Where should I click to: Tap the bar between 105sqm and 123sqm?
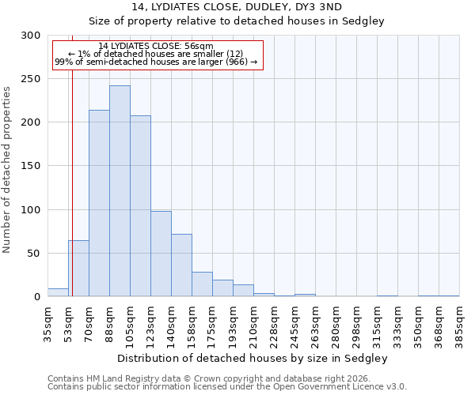(x=140, y=206)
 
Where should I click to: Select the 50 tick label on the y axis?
(x=34, y=254)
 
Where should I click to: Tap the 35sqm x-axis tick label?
(x=47, y=322)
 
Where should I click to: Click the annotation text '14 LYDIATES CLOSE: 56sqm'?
(x=156, y=47)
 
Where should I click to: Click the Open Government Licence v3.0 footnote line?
(x=226, y=387)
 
